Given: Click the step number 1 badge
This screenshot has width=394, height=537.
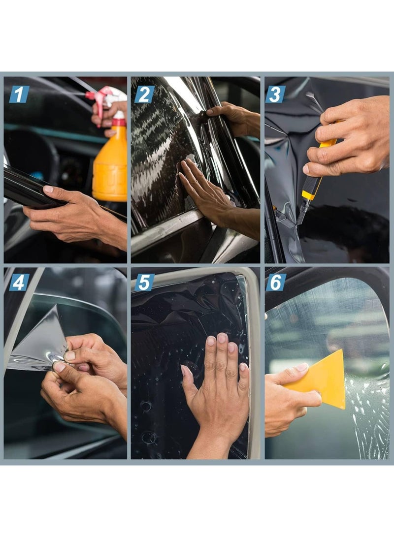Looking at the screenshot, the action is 19,94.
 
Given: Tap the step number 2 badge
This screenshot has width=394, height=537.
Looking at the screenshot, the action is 145,94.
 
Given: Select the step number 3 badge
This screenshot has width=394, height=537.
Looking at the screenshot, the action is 275,94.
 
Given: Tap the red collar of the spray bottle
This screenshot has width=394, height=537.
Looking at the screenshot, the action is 119,122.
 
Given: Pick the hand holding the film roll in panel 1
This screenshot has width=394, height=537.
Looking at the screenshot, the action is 75,214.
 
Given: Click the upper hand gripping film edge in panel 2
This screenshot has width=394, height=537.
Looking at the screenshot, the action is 236,118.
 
